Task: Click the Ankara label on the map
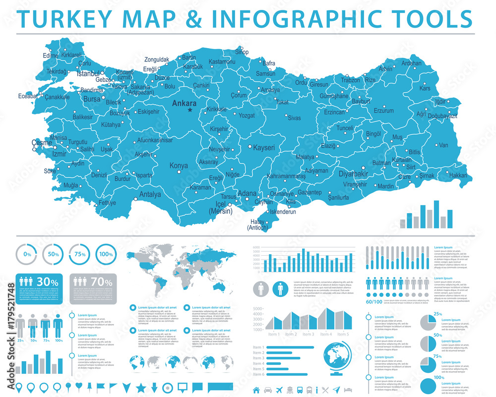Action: click(x=184, y=104)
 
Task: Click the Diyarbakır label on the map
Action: click(x=353, y=174)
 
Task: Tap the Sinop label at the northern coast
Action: click(x=242, y=52)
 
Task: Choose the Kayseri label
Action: click(x=264, y=148)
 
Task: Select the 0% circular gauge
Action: click(x=27, y=254)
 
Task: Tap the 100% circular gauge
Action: click(x=105, y=254)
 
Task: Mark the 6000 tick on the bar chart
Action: click(x=256, y=247)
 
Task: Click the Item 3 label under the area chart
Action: click(x=309, y=335)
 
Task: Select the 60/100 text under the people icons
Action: click(x=374, y=302)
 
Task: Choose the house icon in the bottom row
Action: click(x=256, y=389)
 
